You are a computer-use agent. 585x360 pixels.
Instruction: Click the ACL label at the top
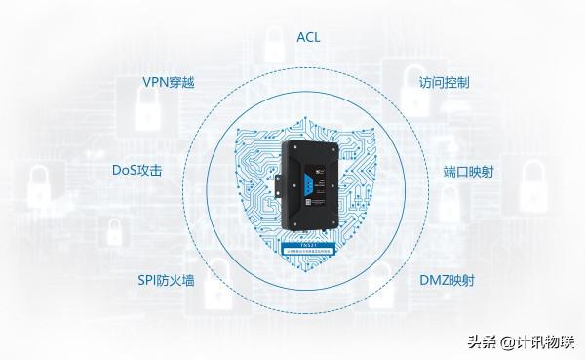(308, 38)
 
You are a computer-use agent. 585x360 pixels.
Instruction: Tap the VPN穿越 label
(168, 83)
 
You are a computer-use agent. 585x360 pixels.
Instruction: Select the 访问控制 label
(444, 83)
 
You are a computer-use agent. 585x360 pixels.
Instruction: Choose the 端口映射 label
(468, 171)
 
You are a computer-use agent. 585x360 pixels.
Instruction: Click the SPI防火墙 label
(166, 281)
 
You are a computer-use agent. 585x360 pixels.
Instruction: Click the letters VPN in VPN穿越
(154, 83)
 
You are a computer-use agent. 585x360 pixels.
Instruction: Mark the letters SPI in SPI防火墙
(150, 281)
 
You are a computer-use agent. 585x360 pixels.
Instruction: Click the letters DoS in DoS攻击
(125, 171)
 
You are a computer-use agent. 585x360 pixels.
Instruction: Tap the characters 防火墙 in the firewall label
(178, 281)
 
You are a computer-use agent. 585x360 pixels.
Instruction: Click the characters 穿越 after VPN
(182, 83)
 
